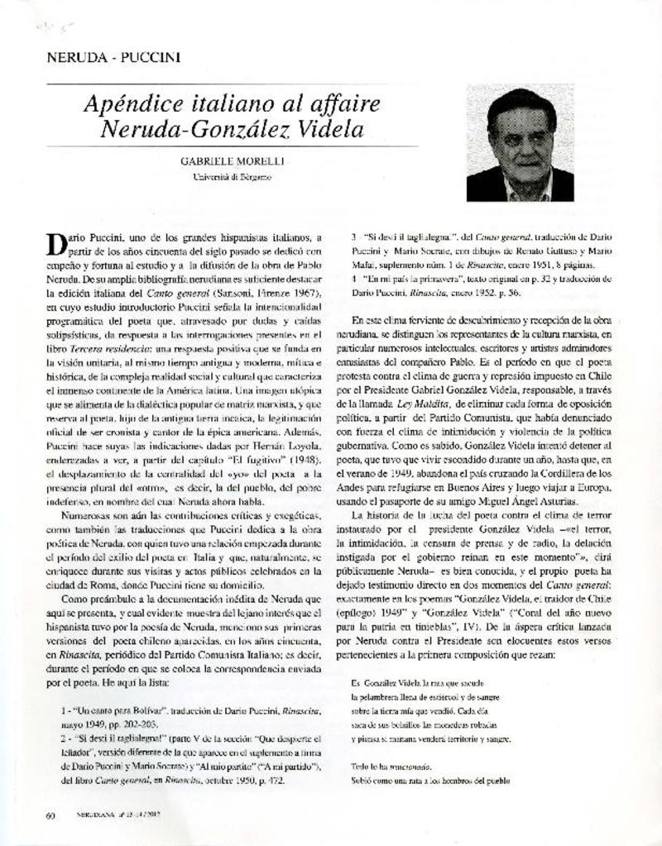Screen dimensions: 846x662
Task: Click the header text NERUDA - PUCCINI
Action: [x=113, y=58]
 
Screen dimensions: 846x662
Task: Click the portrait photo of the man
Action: [x=520, y=144]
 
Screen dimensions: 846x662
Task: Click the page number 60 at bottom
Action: [x=50, y=815]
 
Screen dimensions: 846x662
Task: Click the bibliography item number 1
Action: [x=63, y=710]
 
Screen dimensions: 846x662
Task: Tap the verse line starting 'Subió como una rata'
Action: [x=429, y=780]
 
